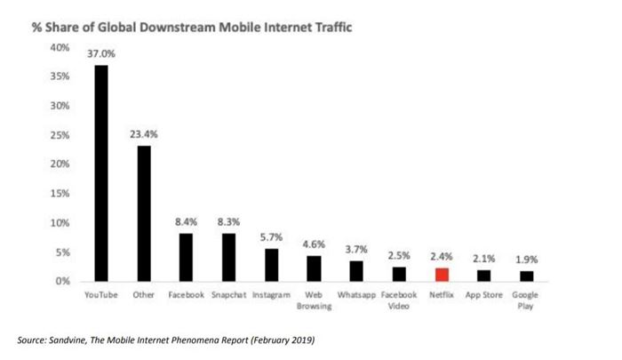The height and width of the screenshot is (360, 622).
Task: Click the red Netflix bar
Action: click(x=442, y=275)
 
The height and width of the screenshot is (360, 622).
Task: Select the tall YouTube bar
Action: click(x=101, y=173)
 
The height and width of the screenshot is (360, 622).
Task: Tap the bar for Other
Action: click(x=144, y=213)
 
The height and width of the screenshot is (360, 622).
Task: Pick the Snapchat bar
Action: click(x=229, y=258)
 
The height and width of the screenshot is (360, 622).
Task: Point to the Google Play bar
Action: click(x=526, y=276)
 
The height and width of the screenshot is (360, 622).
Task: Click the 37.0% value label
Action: click(x=101, y=53)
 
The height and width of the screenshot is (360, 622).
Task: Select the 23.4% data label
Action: click(x=144, y=134)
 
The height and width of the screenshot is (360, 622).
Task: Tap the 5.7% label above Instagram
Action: click(x=271, y=237)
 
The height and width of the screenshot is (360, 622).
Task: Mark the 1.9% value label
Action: click(x=526, y=260)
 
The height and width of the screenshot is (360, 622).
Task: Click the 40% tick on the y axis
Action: click(x=60, y=48)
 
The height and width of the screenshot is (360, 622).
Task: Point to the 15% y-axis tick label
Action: click(x=60, y=193)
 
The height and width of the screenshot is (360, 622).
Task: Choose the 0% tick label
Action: click(x=63, y=281)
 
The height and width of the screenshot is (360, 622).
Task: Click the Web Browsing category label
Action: click(x=314, y=300)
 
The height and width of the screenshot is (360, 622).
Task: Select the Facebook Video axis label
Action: click(x=399, y=300)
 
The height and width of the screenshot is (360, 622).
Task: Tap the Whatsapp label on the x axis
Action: click(x=356, y=295)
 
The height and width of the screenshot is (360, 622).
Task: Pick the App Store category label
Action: click(x=484, y=295)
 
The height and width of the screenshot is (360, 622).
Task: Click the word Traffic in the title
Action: click(x=333, y=28)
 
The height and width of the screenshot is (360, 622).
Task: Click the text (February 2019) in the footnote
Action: click(x=283, y=340)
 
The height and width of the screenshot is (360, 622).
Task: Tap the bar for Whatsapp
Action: click(x=356, y=271)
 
